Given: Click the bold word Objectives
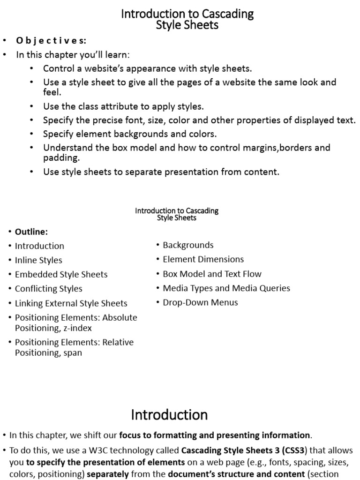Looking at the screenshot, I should tap(51, 40).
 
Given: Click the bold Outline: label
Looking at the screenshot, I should tap(31, 232).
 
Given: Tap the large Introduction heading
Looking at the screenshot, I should tap(169, 414).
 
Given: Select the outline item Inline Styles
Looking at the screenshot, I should tap(38, 260).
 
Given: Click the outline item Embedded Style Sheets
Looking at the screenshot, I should tap(61, 274).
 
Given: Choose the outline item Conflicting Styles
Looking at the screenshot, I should tap(48, 289).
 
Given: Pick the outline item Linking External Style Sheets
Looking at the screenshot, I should tap(71, 303).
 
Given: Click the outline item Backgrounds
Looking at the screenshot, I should tap(188, 245).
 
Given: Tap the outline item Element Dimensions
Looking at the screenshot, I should tap(203, 259).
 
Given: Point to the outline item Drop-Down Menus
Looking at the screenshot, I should tap(200, 302).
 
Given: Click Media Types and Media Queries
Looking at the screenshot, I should tap(226, 288).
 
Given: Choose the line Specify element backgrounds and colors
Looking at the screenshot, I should tap(130, 134).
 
